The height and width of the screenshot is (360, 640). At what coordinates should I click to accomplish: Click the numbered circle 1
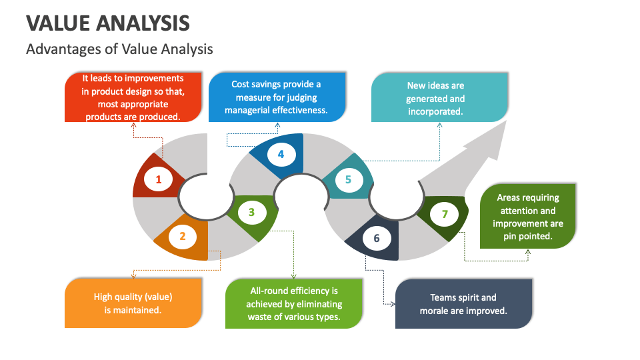click(159, 179)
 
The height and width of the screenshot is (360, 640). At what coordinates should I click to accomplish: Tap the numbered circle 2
click(183, 235)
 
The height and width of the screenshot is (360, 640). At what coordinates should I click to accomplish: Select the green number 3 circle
click(251, 213)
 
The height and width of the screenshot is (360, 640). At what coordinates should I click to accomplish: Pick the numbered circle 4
click(281, 155)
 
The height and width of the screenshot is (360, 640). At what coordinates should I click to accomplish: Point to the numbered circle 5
click(348, 179)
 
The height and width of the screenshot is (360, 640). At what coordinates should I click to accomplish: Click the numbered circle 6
click(377, 238)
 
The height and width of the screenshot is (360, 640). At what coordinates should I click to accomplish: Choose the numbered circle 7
click(445, 215)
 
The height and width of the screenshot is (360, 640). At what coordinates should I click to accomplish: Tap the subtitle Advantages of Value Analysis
click(119, 49)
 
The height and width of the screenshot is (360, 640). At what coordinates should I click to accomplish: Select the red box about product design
click(133, 97)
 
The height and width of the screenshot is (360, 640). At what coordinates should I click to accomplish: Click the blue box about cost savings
click(277, 97)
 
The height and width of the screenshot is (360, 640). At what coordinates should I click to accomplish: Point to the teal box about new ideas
click(435, 98)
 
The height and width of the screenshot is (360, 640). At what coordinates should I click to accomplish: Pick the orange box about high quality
click(133, 303)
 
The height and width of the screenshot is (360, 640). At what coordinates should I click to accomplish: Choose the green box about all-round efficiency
click(294, 303)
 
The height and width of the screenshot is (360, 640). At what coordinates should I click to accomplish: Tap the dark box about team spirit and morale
click(463, 304)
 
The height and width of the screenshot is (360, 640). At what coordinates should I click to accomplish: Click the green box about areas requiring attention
click(527, 217)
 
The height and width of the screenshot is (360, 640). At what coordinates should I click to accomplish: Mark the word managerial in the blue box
click(249, 110)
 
